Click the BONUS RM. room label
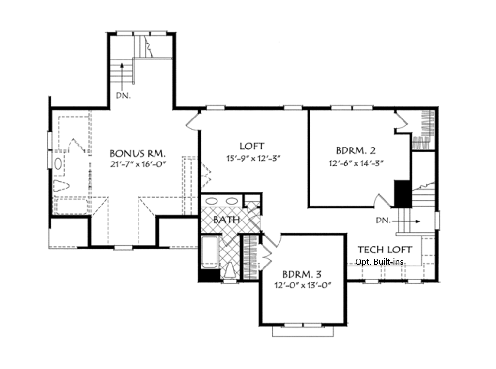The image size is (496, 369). [x=138, y=153]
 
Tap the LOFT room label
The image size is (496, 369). [x=252, y=146]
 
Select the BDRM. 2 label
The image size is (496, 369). [x=356, y=150]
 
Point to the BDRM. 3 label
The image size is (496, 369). [x=302, y=273]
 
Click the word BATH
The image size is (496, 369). [x=227, y=220]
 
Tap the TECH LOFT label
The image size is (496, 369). [x=385, y=250]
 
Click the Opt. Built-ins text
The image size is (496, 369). [x=379, y=262]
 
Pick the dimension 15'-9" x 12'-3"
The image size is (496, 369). [x=253, y=158]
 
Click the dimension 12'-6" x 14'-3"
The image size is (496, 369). [x=356, y=163]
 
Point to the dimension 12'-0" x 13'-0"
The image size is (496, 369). [x=302, y=285]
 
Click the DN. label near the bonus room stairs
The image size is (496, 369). [x=123, y=95]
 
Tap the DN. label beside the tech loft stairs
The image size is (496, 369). [x=383, y=220]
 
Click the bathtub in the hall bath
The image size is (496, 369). [x=210, y=252]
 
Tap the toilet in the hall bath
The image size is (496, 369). [x=230, y=271]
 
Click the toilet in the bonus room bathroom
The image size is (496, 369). [x=61, y=186]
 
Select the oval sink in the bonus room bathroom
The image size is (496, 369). [x=58, y=163]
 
